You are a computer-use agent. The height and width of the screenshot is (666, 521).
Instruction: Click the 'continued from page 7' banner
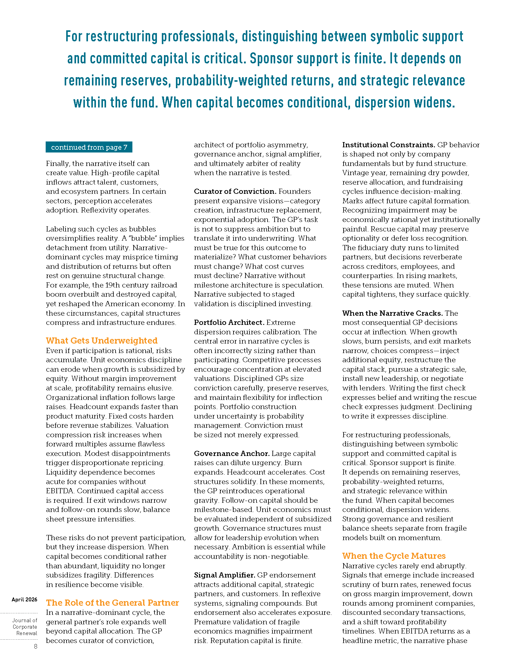pyautogui.click(x=89, y=147)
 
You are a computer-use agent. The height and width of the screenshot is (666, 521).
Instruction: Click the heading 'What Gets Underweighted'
pyautogui.click(x=101, y=341)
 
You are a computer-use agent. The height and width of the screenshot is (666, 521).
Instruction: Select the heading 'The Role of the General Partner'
pyautogui.click(x=112, y=603)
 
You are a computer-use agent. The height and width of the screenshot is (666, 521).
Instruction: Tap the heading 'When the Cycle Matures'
pyautogui.click(x=394, y=556)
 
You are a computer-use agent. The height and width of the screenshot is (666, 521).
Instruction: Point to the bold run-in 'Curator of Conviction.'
pyautogui.click(x=235, y=191)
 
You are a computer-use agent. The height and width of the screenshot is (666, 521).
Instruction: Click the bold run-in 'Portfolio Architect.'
pyautogui.click(x=229, y=322)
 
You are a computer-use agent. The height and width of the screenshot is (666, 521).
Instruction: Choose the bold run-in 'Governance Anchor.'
pyautogui.click(x=232, y=453)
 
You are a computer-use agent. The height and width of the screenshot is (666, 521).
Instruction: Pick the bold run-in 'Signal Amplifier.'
pyautogui.click(x=224, y=575)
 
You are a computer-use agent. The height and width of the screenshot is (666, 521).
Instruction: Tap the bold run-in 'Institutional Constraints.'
pyautogui.click(x=389, y=145)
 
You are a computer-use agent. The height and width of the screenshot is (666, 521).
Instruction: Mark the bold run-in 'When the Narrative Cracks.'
pyautogui.click(x=392, y=313)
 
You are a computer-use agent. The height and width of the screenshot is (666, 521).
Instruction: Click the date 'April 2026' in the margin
pyautogui.click(x=25, y=600)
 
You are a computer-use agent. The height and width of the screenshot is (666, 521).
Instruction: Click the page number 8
pyautogui.click(x=36, y=646)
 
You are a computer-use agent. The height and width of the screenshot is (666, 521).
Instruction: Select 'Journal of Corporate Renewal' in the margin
pyautogui.click(x=25, y=627)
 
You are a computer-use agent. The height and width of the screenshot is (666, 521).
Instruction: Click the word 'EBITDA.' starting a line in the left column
pyautogui.click(x=60, y=491)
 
